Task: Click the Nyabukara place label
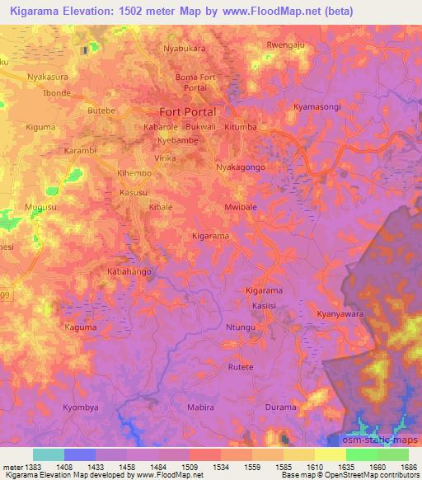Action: click(184, 49)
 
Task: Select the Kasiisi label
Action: click(263, 304)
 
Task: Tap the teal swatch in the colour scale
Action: click(49, 454)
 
